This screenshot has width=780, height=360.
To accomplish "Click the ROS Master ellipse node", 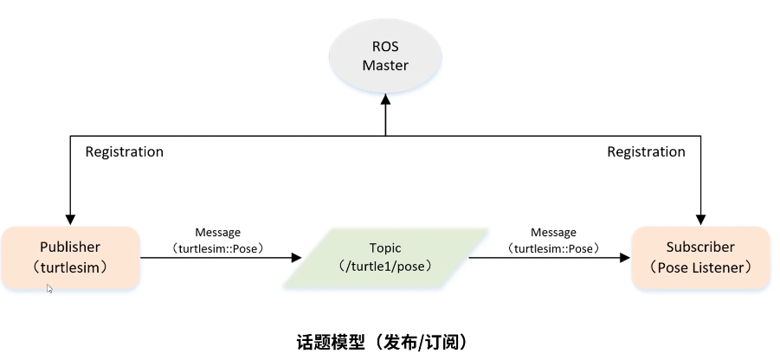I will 385,56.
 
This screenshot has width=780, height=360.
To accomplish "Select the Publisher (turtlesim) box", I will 70,258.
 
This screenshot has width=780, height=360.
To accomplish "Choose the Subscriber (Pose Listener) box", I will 700,258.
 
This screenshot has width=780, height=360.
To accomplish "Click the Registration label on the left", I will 124,152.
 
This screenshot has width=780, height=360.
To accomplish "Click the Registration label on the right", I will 646,152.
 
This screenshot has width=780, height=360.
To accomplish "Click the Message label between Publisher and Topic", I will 217,233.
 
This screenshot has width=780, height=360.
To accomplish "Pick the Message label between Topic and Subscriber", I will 553,233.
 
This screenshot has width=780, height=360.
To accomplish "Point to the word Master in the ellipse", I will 385,66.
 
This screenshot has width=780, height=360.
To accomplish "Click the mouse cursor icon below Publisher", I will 50,289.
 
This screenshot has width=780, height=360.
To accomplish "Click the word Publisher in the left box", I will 70,247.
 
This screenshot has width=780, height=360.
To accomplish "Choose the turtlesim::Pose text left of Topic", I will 217,248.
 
